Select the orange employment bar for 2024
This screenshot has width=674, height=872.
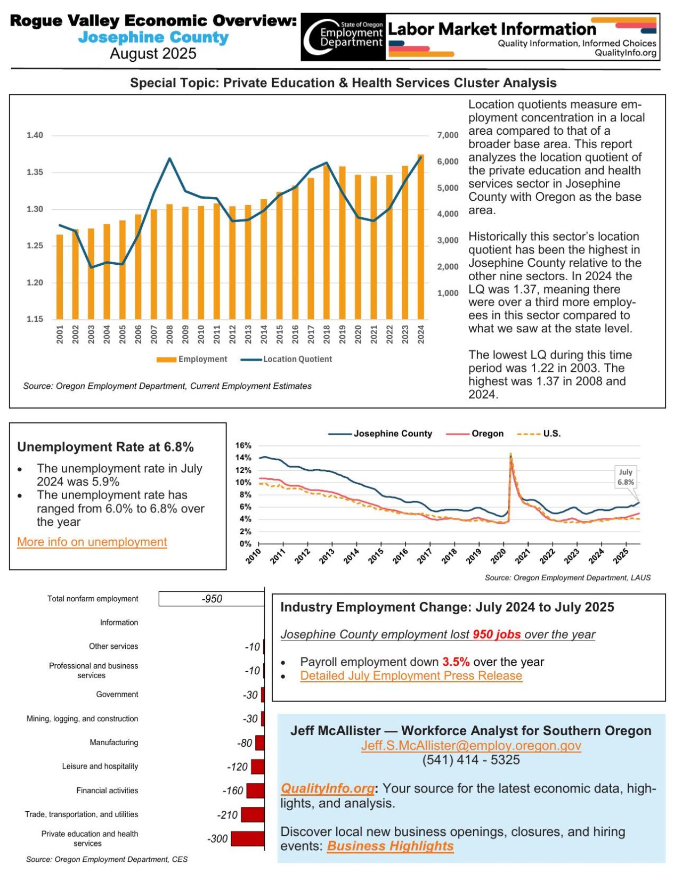click(x=420, y=237)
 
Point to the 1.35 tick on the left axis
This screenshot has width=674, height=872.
click(x=35, y=172)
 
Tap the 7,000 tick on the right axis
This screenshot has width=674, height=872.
click(x=448, y=135)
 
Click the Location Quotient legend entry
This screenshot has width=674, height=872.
click(x=286, y=359)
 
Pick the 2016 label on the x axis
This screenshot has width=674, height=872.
click(x=295, y=335)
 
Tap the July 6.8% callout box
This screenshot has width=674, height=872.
click(x=625, y=477)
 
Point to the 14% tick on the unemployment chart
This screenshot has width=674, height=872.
click(x=243, y=458)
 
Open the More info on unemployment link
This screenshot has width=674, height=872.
click(x=92, y=542)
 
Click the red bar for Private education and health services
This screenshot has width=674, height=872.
click(x=247, y=838)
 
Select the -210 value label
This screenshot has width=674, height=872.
click(x=227, y=815)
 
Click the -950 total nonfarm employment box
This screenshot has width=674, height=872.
click(x=212, y=599)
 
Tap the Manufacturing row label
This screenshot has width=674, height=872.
click(x=113, y=742)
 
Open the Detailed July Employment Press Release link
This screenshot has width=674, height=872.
click(x=411, y=675)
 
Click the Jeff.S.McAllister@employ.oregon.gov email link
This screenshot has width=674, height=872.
click(x=471, y=745)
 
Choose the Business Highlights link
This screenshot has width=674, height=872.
click(x=390, y=846)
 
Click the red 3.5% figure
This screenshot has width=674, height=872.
click(x=456, y=662)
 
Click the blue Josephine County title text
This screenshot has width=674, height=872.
click(x=153, y=37)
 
